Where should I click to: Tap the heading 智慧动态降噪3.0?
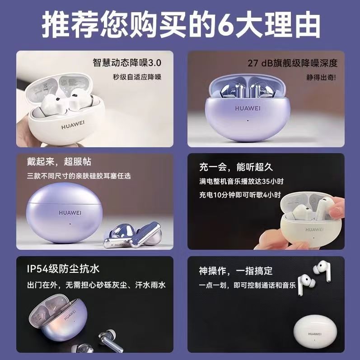pyautogui.click(x=127, y=62)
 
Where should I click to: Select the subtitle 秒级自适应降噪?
pyautogui.click(x=137, y=77)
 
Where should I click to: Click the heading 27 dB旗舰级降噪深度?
pyautogui.click(x=292, y=63)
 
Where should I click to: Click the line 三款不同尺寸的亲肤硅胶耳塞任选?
pyautogui.click(x=79, y=175)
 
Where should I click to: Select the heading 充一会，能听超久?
pyautogui.click(x=236, y=167)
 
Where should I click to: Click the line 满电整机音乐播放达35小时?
pyautogui.click(x=242, y=181)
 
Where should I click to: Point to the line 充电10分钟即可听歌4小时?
pyautogui.click(x=240, y=195)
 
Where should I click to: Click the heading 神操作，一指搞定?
pyautogui.click(x=236, y=271)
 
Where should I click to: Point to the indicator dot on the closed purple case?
pyautogui.click(x=70, y=223)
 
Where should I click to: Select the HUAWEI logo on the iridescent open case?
pyautogui.click(x=71, y=317)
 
